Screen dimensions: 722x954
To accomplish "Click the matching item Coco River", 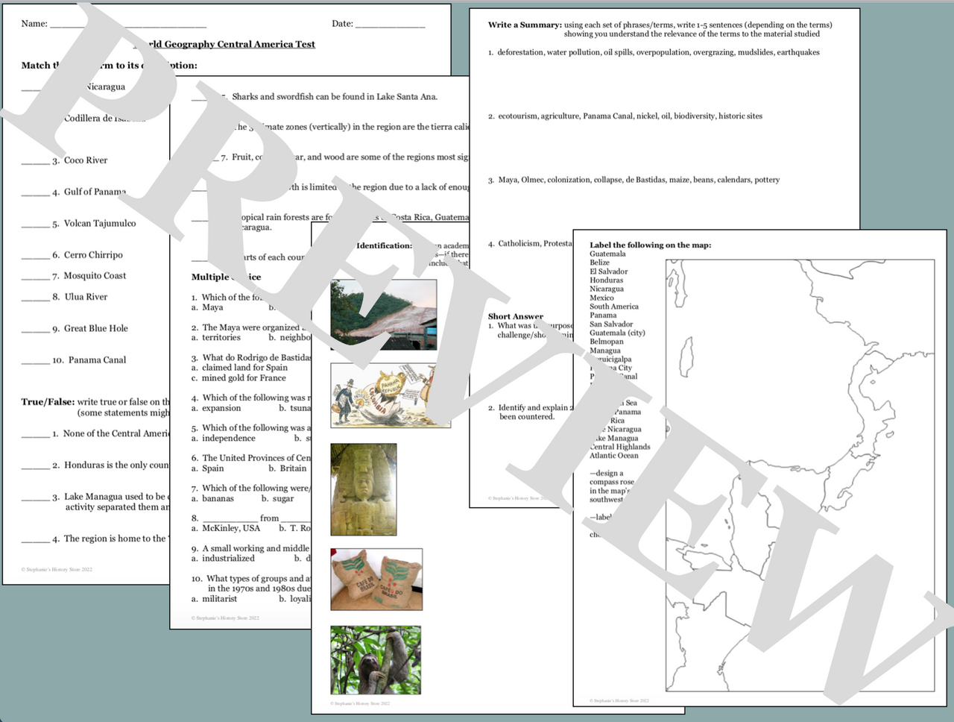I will tap(85, 160).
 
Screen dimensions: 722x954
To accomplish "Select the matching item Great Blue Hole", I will tap(95, 328).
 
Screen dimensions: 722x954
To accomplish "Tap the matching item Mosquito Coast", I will tap(95, 276).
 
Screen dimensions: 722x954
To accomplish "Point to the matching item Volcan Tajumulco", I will tap(100, 224).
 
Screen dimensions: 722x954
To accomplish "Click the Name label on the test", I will tap(34, 24).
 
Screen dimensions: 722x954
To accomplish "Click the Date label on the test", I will tap(343, 24).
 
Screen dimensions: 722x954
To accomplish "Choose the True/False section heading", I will tap(48, 402).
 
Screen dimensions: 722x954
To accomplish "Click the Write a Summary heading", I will tap(525, 25).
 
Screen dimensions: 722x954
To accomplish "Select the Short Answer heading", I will tap(516, 316).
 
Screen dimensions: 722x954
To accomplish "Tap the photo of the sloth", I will tap(376, 660).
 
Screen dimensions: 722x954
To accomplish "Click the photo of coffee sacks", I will tap(376, 580).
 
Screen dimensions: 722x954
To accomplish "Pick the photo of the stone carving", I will tap(364, 489).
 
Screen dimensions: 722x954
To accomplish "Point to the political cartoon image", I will tap(390, 395).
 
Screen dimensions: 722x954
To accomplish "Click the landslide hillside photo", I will tap(383, 315).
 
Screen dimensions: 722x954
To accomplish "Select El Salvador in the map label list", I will tap(608, 271).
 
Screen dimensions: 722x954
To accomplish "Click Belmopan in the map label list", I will tap(606, 342).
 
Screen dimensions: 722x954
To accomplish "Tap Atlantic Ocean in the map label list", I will tap(613, 456).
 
